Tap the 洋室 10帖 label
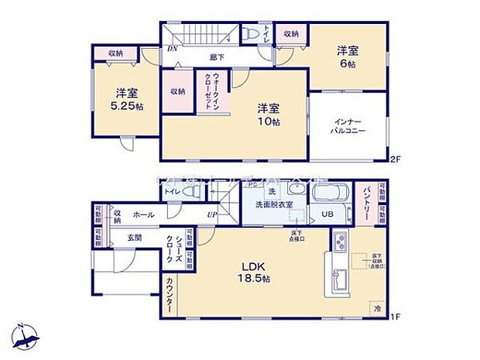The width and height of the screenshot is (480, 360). coord(267,114)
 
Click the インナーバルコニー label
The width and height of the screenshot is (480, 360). coord(350,127)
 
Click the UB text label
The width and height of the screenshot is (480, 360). coord(327,214)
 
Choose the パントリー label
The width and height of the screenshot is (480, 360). coord(366,203)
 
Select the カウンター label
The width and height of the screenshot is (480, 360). coord(170,295)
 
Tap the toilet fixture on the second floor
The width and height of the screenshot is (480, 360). coord(250,35)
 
